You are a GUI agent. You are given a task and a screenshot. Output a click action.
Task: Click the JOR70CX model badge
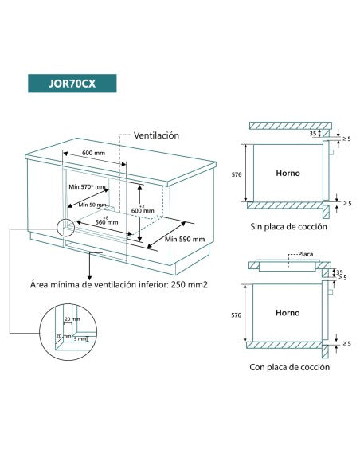72,84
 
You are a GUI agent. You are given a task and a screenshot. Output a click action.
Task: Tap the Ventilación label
156,136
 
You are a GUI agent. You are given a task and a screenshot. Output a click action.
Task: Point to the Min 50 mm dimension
92,205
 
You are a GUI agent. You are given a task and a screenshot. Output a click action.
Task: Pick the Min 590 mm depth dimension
185,238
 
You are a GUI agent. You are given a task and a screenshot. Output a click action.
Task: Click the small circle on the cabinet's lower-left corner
64,227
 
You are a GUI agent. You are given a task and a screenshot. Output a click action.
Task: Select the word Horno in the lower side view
288,313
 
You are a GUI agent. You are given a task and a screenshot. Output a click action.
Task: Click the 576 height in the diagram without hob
235,172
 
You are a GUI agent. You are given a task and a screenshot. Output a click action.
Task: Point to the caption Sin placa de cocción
288,227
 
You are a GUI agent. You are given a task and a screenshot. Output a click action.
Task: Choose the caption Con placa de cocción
289,367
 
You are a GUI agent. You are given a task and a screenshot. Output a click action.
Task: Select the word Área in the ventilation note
40,283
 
